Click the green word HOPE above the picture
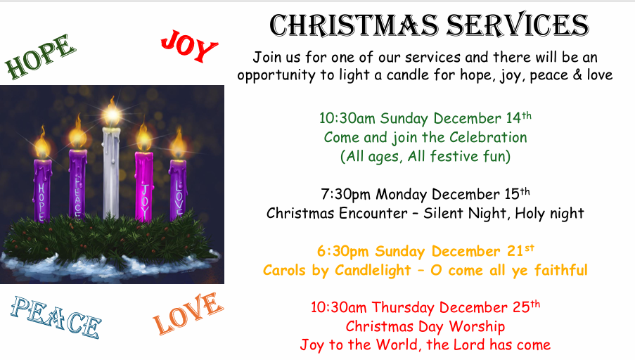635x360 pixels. (x=40, y=57)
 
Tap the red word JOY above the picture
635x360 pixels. (x=189, y=46)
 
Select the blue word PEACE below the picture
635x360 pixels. (x=56, y=317)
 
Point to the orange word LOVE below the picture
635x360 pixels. (x=188, y=314)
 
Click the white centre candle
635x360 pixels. (x=111, y=173)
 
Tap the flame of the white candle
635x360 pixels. (x=112, y=112)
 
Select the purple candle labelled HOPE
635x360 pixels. (x=42, y=191)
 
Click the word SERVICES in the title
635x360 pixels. (x=518, y=25)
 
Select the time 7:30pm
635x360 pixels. (x=345, y=194)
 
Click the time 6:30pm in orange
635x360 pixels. (x=342, y=251)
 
